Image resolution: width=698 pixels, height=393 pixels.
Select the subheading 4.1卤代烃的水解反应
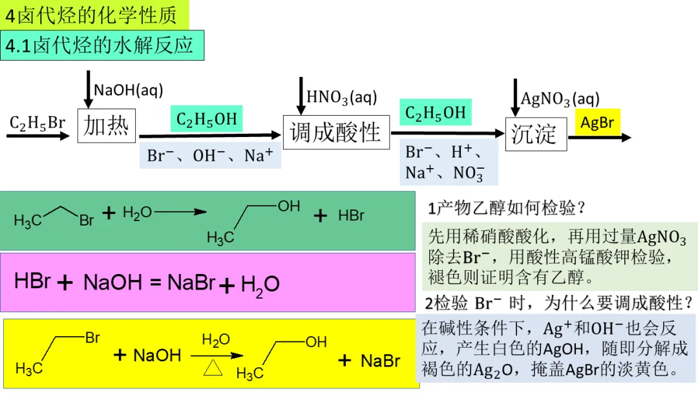pos(101,45)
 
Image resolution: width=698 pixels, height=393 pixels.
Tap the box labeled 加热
pos(107,125)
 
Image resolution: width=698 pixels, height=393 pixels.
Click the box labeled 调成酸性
pos(336,133)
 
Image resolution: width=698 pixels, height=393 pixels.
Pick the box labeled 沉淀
pos(535,134)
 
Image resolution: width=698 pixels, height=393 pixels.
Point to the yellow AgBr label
pos(597,123)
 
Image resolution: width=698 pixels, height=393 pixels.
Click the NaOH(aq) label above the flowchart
pos(129,90)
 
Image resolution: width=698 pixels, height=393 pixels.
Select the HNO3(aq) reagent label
pos(341,97)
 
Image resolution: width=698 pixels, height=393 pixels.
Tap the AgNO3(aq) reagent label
pos(560,99)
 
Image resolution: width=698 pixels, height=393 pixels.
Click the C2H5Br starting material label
pos(37,123)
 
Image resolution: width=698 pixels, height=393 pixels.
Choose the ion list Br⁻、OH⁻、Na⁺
pos(210,156)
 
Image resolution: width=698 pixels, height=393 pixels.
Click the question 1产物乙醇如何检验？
pos(507,208)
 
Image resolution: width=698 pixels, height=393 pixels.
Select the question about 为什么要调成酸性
pos(560,303)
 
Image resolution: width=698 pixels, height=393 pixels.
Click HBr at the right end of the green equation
pos(352,215)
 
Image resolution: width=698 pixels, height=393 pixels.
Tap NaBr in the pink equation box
pos(191,282)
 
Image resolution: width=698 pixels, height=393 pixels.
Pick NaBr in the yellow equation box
pos(381,361)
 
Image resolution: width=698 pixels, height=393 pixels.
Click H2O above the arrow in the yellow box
pos(216,340)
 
